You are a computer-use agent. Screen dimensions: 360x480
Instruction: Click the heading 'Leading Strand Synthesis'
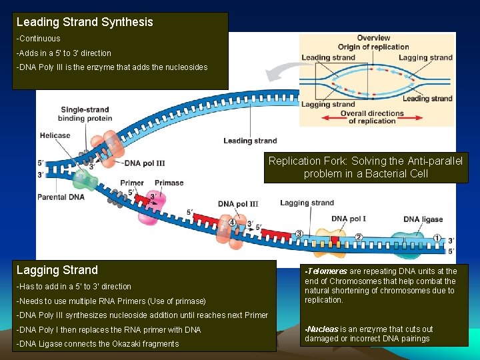85,22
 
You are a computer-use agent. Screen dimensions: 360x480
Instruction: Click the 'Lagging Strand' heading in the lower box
57,270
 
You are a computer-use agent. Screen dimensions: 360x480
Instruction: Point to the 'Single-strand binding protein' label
86,114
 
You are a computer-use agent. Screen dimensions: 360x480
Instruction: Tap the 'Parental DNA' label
61,197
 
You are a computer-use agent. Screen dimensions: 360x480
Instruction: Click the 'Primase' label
169,183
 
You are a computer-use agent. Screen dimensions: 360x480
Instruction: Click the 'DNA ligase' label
423,219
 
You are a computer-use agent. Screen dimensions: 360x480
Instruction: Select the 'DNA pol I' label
348,219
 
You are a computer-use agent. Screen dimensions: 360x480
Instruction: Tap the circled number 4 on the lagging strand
232,223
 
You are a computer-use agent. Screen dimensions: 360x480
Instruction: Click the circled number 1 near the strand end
437,237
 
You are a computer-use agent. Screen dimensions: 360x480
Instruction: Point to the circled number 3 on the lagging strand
299,233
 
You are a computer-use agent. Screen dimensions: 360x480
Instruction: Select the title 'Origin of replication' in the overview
373,47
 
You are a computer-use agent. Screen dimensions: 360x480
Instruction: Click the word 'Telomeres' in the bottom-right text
327,271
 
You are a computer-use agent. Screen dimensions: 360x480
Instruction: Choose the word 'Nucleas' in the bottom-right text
323,329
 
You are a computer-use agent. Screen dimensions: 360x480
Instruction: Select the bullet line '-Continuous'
39,39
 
